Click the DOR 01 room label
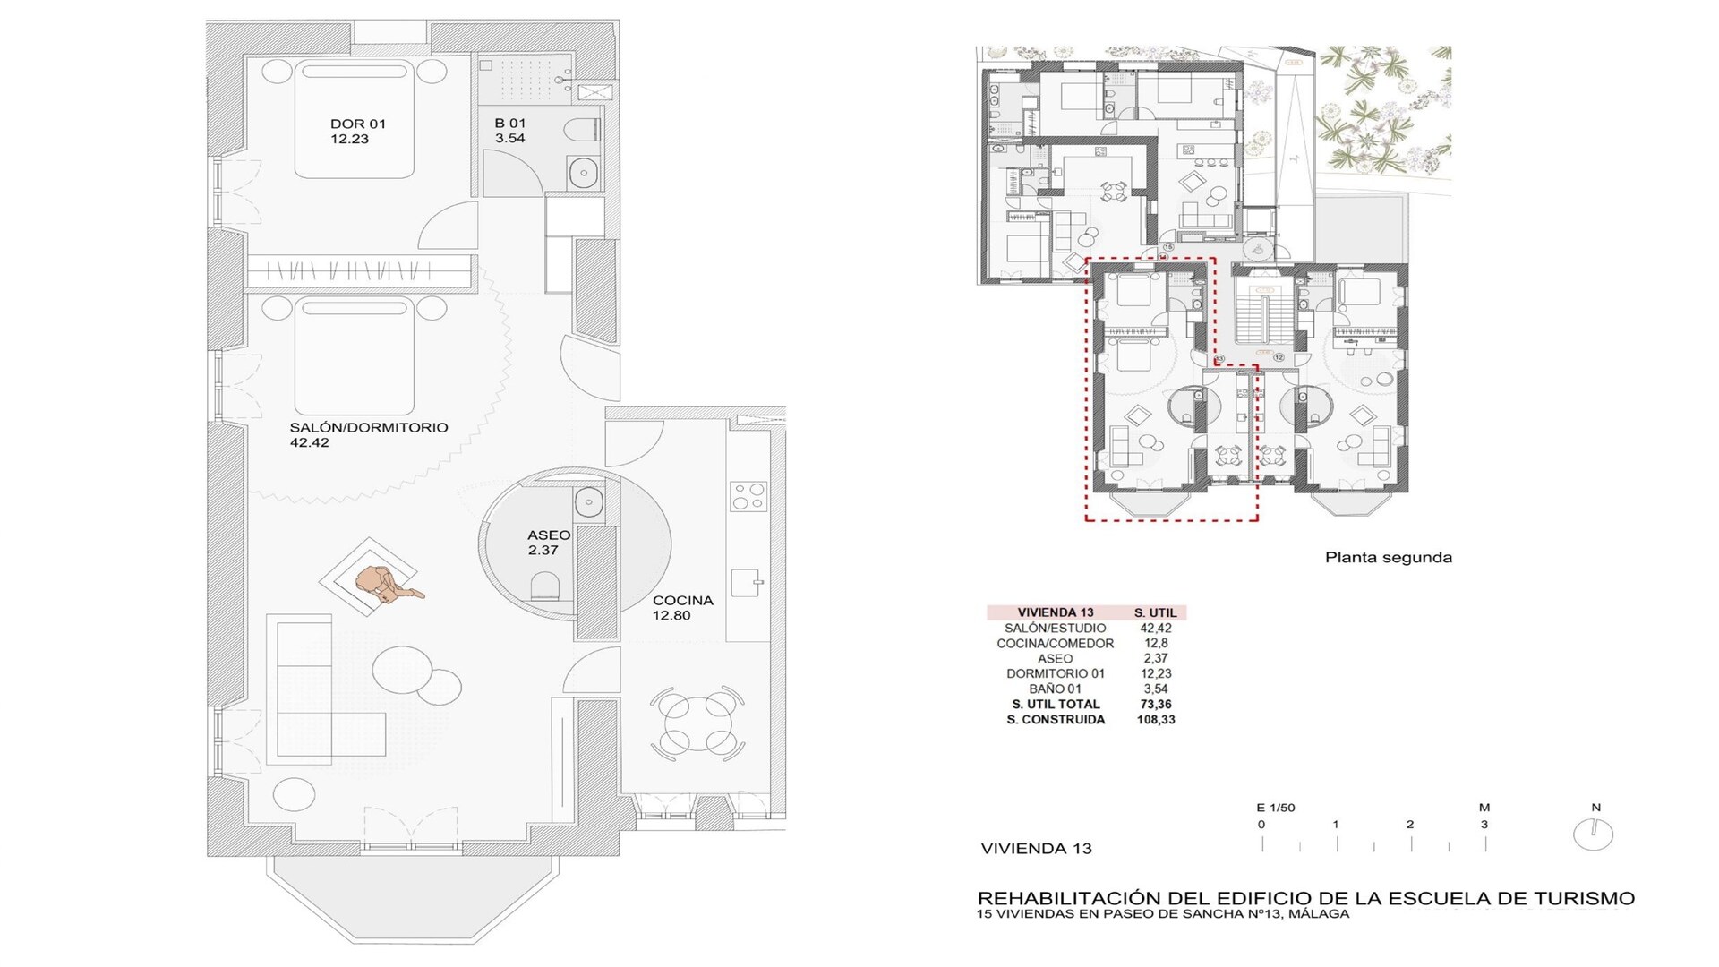click(x=357, y=131)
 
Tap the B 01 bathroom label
click(x=510, y=131)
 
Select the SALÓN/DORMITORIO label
click(x=368, y=434)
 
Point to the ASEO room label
click(x=548, y=543)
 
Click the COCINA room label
click(x=682, y=608)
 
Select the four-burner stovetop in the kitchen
click(x=748, y=497)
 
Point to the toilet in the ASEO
click(x=545, y=587)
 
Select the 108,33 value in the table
click(x=1156, y=719)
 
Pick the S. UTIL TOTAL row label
click(x=1056, y=704)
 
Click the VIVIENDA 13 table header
click(x=1056, y=612)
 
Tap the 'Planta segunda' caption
click(x=1389, y=557)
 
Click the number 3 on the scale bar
click(x=1484, y=825)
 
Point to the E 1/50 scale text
click(x=1276, y=808)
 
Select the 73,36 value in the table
click(x=1156, y=704)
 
